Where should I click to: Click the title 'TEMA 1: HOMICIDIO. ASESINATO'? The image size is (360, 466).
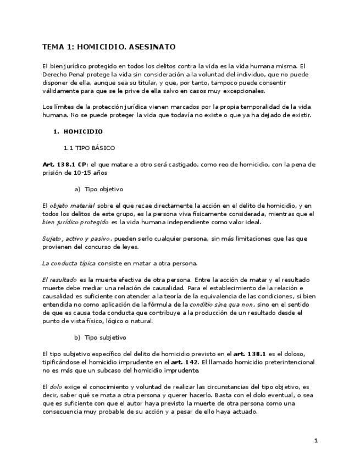[x=109, y=47]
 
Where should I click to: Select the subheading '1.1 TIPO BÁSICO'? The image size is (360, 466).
[x=89, y=148]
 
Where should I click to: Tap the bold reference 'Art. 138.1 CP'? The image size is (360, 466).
[x=62, y=164]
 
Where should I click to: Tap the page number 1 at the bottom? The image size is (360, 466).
[x=316, y=441]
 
